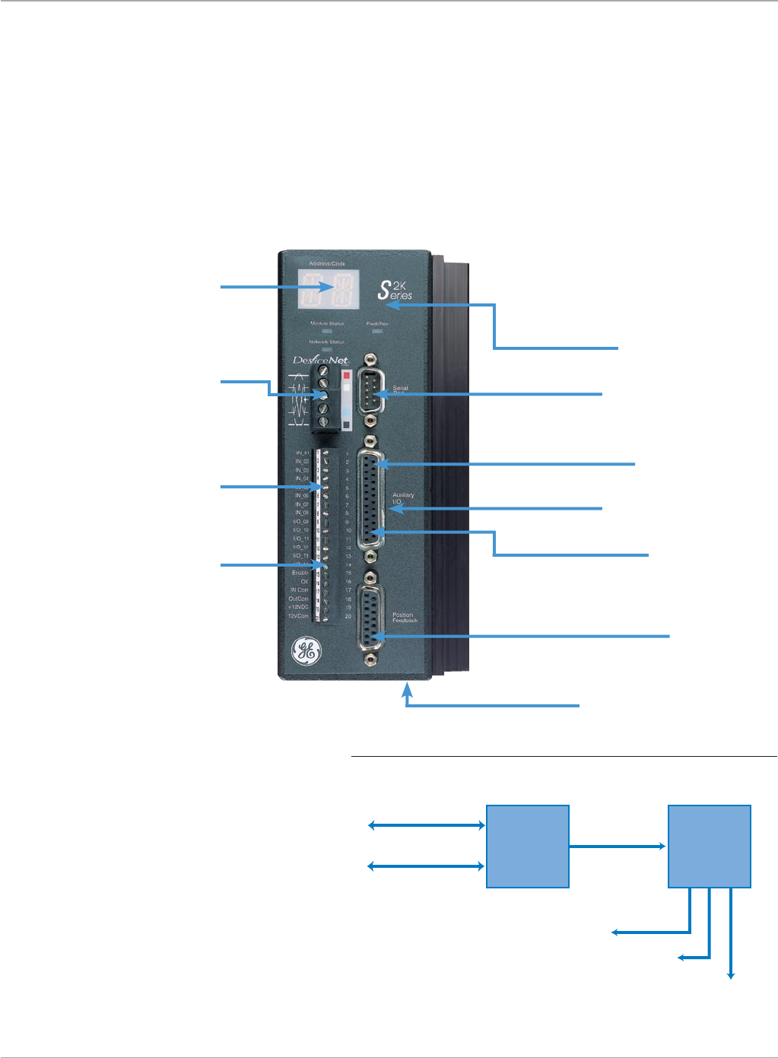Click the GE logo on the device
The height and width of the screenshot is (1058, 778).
[x=307, y=651]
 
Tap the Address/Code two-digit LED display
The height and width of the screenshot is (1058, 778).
[x=329, y=289]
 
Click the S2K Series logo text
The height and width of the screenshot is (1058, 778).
[x=395, y=290]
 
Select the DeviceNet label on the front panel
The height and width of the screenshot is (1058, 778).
[x=320, y=360]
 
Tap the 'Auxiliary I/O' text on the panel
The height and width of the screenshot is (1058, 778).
[x=403, y=498]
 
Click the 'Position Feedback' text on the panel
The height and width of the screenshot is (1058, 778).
[x=405, y=618]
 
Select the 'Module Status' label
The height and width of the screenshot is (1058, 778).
[x=327, y=323]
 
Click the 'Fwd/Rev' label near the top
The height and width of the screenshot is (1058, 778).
[x=377, y=323]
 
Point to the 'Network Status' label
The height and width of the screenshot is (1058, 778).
[x=326, y=342]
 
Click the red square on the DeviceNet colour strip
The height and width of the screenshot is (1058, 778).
[x=347, y=375]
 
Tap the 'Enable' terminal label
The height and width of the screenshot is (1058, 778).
[x=300, y=573]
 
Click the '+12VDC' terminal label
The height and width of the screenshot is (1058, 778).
[x=298, y=607]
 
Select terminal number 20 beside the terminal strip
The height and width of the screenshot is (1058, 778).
[x=348, y=616]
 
